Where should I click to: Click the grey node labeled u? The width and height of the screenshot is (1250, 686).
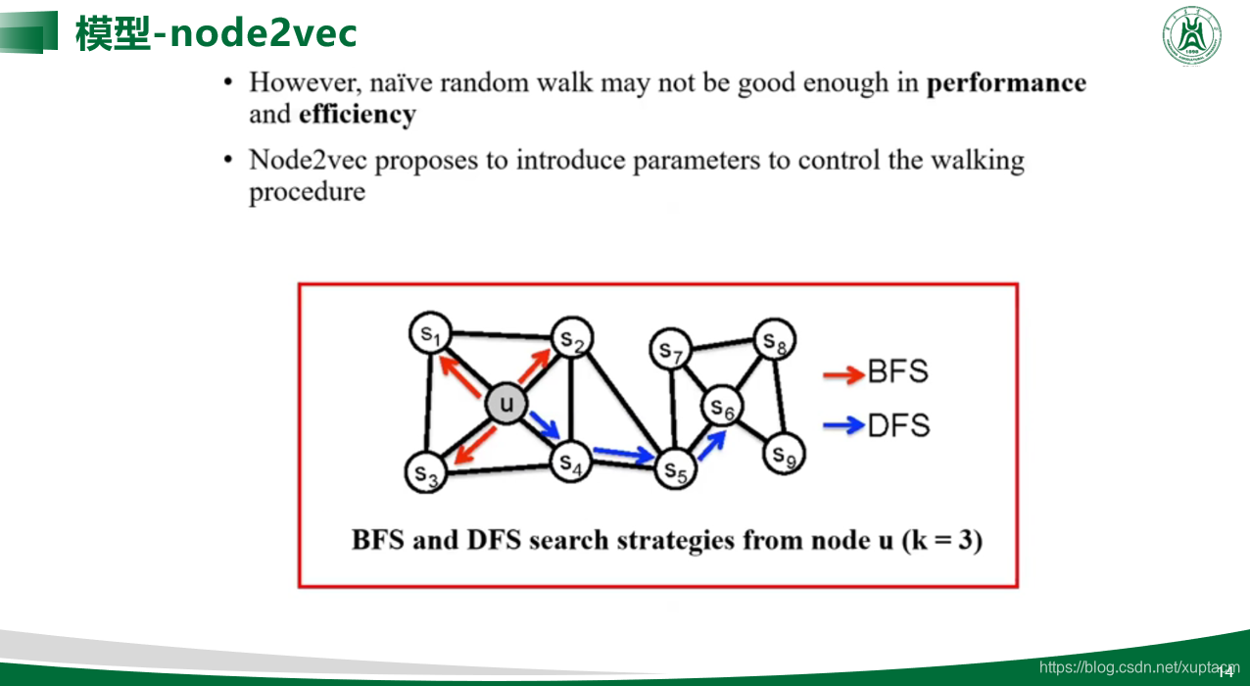(506, 403)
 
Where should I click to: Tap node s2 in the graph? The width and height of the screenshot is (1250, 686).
(572, 339)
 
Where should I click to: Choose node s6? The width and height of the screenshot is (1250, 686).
(722, 407)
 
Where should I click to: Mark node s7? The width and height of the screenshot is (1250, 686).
(670, 349)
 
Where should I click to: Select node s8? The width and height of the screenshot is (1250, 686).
(775, 341)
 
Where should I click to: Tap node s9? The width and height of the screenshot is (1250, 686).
(782, 454)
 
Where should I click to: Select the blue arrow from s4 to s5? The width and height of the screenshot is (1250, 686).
(624, 454)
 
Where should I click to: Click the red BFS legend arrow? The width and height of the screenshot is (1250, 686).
(843, 373)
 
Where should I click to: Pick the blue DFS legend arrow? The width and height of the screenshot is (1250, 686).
(843, 425)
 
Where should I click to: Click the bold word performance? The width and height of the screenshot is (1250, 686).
(1006, 83)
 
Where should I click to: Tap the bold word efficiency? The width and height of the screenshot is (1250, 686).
(358, 115)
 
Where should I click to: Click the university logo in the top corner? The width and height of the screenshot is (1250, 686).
(1192, 36)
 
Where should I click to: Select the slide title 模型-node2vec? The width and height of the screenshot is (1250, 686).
(216, 33)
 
